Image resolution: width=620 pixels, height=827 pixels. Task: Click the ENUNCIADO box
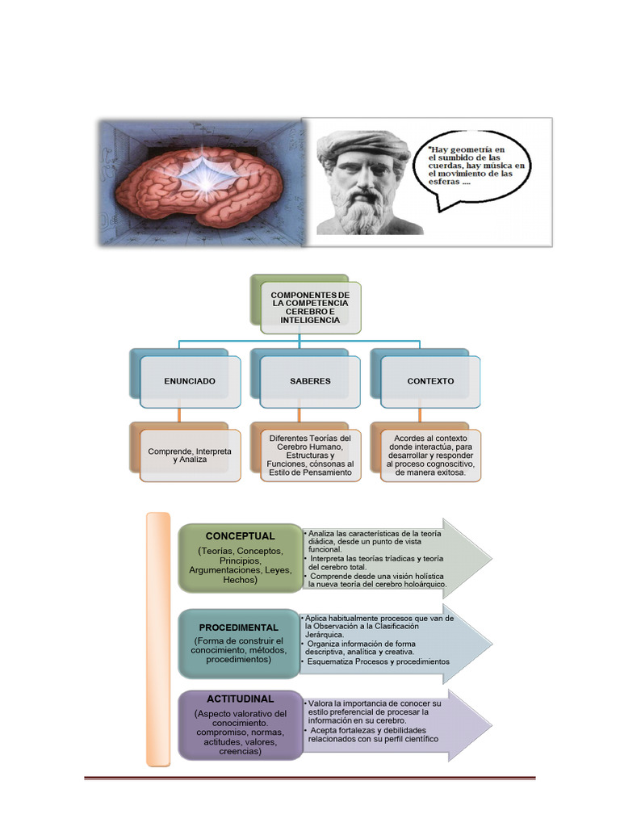(190, 380)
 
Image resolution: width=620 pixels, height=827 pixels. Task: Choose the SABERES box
(310, 380)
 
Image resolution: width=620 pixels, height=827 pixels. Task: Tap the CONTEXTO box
(430, 380)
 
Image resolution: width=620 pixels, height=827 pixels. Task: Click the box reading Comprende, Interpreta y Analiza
(190, 455)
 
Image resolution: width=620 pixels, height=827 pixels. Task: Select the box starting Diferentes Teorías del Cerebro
(310, 455)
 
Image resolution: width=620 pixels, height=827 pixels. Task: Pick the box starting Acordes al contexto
(430, 455)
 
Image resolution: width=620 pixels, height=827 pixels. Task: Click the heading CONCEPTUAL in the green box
(240, 535)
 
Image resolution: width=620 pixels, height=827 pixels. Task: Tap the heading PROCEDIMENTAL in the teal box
(239, 627)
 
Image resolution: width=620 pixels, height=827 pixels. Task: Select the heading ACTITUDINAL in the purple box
(240, 698)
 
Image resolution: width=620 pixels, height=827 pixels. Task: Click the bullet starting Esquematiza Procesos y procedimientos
(376, 661)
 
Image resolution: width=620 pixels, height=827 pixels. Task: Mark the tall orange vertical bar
(158, 638)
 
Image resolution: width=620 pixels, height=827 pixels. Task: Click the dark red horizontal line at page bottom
(310, 778)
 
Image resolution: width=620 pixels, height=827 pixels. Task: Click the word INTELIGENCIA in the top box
(310, 320)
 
